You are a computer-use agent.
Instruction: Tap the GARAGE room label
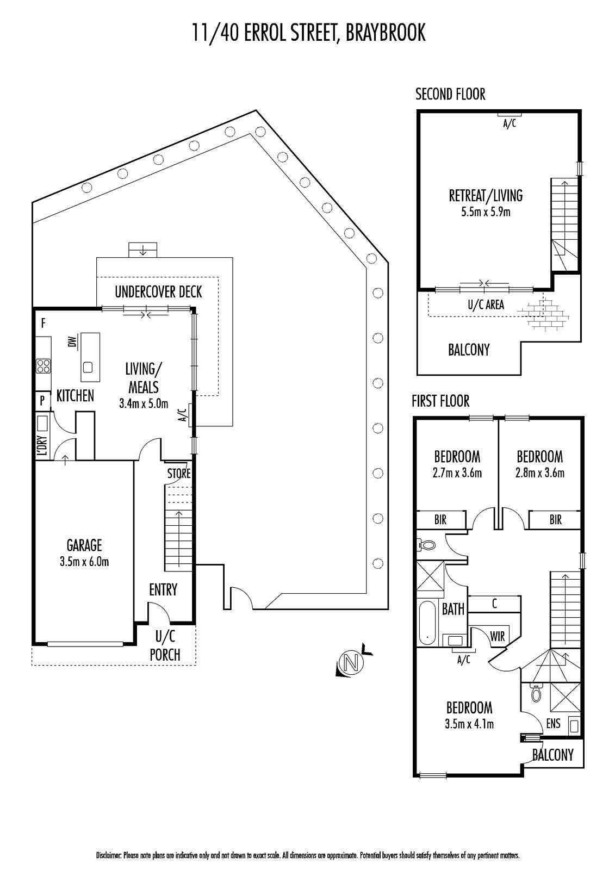84,545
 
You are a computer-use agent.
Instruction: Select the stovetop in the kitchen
43,366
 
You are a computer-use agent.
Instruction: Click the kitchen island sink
88,366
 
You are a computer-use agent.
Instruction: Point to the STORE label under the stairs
179,474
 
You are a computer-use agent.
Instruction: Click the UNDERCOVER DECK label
159,292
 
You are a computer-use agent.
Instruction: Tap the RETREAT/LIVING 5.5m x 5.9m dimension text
486,212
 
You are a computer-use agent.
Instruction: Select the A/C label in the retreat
510,124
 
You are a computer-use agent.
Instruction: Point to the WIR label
498,636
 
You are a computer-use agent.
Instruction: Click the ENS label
553,723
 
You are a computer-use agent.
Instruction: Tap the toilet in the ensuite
536,692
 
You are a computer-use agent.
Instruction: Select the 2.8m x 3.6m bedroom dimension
539,473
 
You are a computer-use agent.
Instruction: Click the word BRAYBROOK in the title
386,33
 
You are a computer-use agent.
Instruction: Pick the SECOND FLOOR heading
450,95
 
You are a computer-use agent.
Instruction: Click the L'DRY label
43,445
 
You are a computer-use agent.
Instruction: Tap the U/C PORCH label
165,646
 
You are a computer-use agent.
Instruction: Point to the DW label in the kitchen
73,341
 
